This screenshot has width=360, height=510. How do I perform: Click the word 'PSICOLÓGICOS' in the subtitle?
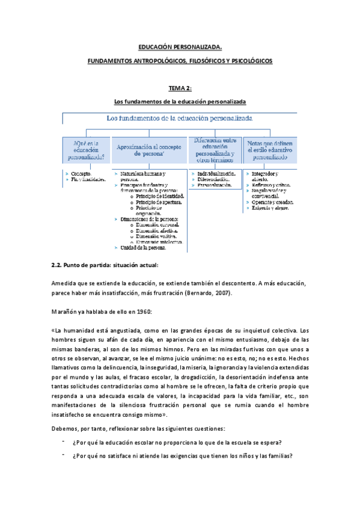250,61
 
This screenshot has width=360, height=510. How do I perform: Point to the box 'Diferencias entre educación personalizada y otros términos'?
215,150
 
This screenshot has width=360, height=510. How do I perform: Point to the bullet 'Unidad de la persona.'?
143,247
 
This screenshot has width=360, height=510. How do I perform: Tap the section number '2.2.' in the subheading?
58,265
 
